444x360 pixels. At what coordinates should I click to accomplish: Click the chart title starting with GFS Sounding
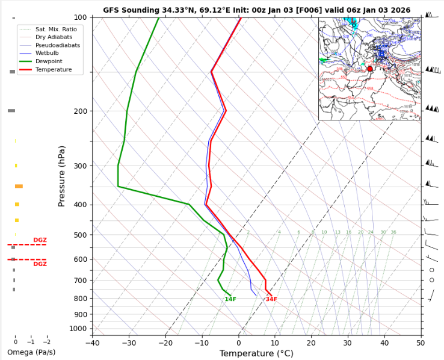point(257,10)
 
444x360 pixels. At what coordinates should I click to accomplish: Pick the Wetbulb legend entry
point(49,54)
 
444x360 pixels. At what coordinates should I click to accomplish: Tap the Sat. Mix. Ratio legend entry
point(56,29)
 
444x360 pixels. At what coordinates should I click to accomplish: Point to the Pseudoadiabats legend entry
point(58,45)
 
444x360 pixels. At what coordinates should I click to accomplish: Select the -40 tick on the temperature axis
point(92,343)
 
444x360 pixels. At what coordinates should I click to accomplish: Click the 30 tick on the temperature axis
point(347,343)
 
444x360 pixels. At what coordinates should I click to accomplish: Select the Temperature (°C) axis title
point(256,353)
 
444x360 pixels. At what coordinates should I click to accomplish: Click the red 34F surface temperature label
point(271,299)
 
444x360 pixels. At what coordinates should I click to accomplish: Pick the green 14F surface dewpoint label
point(230,299)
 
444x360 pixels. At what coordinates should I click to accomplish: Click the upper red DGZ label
point(40,240)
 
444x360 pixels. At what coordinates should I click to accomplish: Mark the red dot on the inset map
point(370,69)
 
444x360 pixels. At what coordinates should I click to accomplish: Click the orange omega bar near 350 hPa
point(19,187)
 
